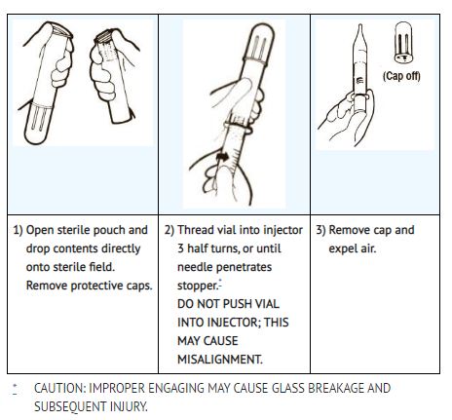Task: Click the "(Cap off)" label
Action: (x=401, y=76)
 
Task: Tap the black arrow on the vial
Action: (x=222, y=157)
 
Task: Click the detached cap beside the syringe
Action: (x=403, y=42)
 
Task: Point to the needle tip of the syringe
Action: (x=360, y=25)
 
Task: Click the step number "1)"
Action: (x=18, y=230)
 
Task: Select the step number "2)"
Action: (x=169, y=230)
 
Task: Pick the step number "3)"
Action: (x=320, y=230)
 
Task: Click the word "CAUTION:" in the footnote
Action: (x=59, y=388)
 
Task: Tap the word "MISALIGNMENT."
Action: (x=220, y=360)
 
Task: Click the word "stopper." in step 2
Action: (x=198, y=286)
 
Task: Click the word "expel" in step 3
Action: (x=342, y=249)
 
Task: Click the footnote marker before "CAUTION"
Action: (x=15, y=389)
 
